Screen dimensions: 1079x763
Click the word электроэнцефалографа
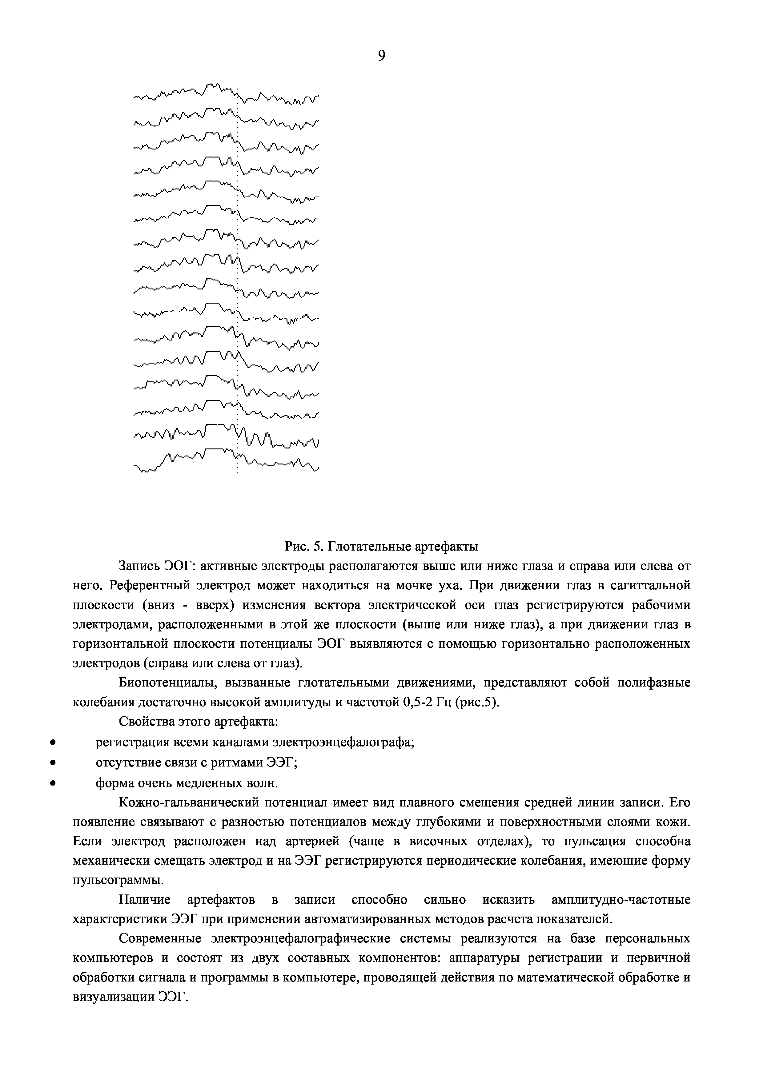[344, 743]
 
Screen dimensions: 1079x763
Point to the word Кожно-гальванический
[187, 802]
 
